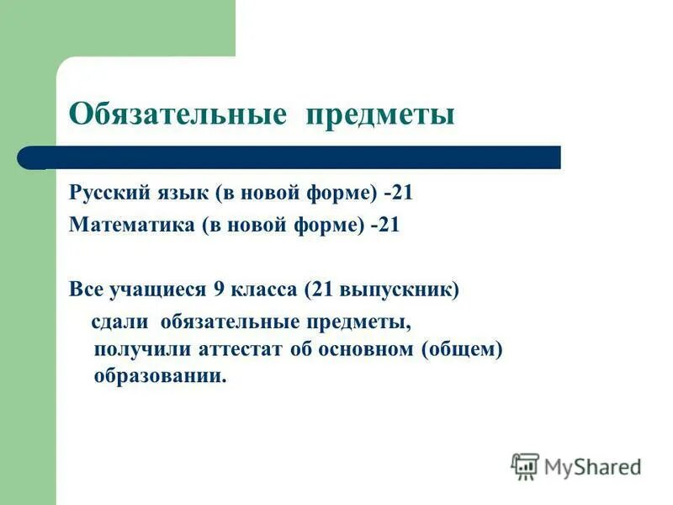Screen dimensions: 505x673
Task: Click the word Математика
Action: point(121,226)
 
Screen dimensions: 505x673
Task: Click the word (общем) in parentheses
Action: point(461,348)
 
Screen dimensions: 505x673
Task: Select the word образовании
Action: point(160,375)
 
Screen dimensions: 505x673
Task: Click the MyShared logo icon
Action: point(525,465)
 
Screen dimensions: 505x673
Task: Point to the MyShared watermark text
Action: point(592,465)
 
